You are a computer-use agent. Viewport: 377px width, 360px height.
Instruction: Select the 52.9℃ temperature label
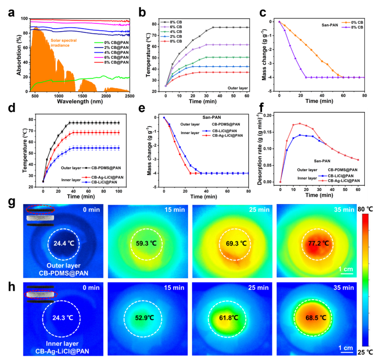(x=145, y=320)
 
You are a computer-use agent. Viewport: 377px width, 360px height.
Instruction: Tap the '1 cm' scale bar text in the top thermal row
(x=345, y=268)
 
